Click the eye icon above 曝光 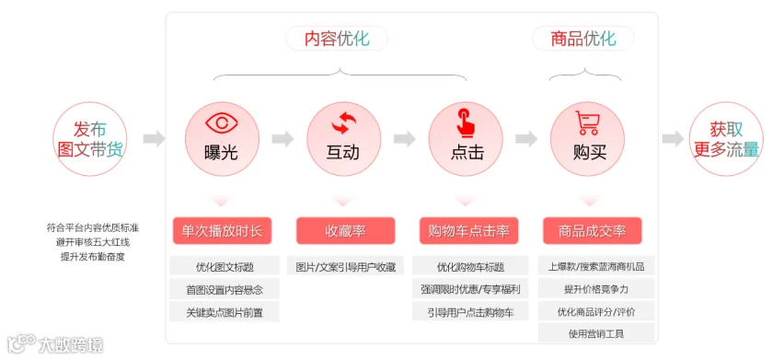[223, 123]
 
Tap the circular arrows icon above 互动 [344, 123]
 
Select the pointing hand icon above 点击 [466, 122]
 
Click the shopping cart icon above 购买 [587, 122]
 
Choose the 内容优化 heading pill [337, 39]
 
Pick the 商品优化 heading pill [583, 39]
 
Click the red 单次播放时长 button [222, 230]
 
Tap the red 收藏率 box [345, 230]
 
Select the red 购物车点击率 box [469, 230]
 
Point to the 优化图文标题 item [225, 266]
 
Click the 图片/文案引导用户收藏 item [346, 266]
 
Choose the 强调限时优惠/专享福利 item [470, 289]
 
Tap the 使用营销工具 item [596, 333]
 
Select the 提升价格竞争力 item [596, 289]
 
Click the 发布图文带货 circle [90, 139]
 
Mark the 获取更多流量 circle [727, 139]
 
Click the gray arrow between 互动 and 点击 [405, 139]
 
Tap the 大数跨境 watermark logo [55, 344]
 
